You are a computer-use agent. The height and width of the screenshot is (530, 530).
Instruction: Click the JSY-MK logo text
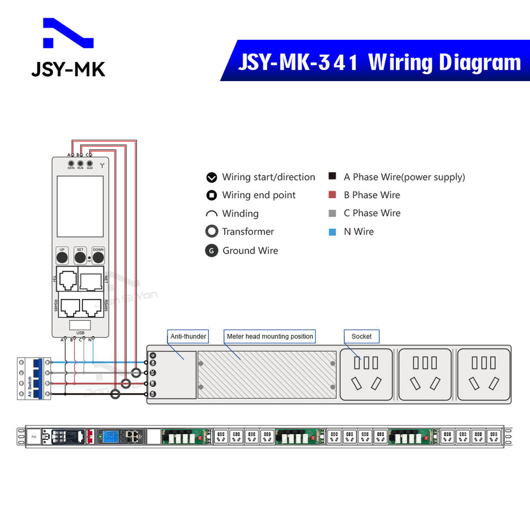pyautogui.click(x=68, y=69)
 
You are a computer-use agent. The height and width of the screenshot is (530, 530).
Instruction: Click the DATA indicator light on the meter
pyautogui.click(x=71, y=163)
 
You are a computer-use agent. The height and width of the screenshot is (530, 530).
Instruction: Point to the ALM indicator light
pyautogui.click(x=89, y=163)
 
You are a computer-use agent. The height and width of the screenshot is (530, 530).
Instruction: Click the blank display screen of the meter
pyautogui.click(x=80, y=206)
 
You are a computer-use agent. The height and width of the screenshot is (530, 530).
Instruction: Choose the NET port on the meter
pyautogui.click(x=91, y=282)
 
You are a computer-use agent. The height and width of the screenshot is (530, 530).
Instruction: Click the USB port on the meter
pyautogui.click(x=80, y=325)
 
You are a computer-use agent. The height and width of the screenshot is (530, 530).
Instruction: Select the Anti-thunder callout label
pyautogui.click(x=188, y=336)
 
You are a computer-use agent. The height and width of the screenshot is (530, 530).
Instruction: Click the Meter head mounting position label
pyautogui.click(x=270, y=336)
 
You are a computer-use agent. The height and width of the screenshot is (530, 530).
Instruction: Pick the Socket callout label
pyautogui.click(x=362, y=336)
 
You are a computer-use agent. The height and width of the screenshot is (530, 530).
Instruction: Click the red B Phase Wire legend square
pyautogui.click(x=332, y=195)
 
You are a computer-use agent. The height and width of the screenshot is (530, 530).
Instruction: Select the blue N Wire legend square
pyautogui.click(x=332, y=232)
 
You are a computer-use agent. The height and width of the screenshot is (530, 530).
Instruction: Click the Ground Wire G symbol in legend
pyautogui.click(x=211, y=251)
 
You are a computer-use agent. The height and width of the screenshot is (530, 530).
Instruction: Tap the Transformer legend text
pyautogui.click(x=248, y=232)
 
